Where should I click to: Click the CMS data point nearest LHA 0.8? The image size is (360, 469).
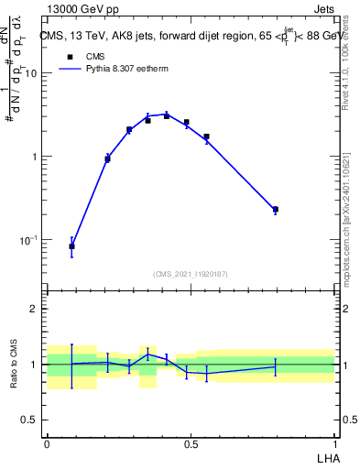pyautogui.click(x=275, y=210)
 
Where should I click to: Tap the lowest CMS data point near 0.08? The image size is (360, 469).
pyautogui.click(x=71, y=245)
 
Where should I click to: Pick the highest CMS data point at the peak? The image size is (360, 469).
pyautogui.click(x=167, y=116)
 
